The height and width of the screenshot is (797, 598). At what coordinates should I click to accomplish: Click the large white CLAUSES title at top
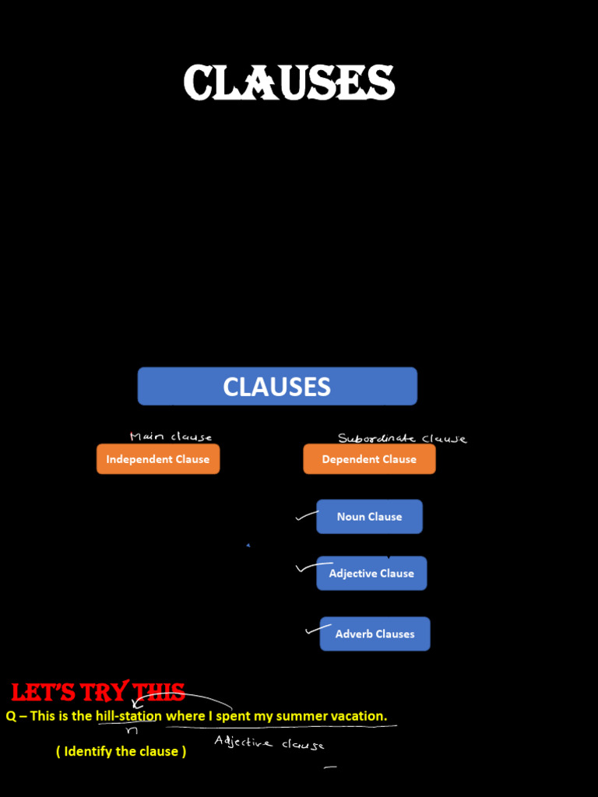289,83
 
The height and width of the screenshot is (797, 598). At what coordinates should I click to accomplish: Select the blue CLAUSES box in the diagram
277,387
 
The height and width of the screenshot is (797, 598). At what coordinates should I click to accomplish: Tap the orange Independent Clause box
158,459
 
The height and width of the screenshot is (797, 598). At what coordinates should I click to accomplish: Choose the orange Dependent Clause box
369,459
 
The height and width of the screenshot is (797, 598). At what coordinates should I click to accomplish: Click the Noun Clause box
369,517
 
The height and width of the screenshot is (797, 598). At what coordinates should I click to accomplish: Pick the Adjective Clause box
371,574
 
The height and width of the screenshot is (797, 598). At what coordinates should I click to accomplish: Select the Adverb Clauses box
375,634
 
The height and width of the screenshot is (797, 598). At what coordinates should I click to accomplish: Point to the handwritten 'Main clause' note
171,437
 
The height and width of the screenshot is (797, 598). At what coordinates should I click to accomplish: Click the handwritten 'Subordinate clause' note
402,438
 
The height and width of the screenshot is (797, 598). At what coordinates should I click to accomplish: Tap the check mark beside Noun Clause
306,516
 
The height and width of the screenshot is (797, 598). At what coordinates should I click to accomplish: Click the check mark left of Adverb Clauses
314,629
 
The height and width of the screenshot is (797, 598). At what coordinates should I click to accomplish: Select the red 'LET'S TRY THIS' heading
98,692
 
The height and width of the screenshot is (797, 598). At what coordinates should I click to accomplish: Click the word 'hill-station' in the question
128,716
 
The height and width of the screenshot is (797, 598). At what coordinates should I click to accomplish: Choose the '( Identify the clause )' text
121,752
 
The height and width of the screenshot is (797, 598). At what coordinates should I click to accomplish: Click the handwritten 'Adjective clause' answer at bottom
269,743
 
